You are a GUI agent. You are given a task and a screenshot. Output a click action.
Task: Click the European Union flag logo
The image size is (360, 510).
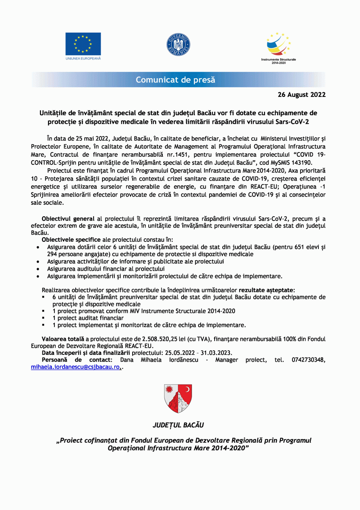(83, 43)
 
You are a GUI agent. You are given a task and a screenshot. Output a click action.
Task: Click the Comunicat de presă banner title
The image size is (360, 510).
(176, 79)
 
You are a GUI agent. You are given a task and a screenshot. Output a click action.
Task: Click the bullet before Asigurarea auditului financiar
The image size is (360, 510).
(39, 269)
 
